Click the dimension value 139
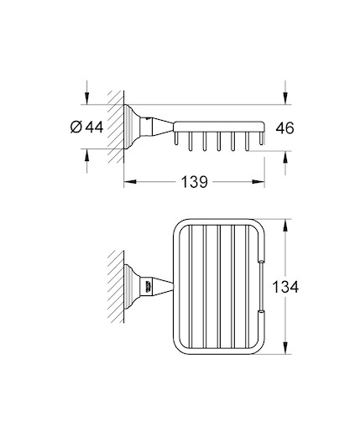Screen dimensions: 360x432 tap(195, 182)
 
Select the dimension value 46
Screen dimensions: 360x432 tap(284, 128)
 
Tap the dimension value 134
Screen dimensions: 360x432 tap(285, 287)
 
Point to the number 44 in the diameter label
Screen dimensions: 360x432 tap(94, 128)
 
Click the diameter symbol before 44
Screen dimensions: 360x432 tap(76, 128)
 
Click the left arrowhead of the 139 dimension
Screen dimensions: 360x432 tap(130, 182)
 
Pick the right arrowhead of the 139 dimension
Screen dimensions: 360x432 tap(258, 182)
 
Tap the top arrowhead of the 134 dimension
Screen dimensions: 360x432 tap(285, 226)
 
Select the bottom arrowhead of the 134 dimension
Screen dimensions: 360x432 tap(285, 348)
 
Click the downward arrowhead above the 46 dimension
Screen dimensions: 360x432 tap(285, 98)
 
